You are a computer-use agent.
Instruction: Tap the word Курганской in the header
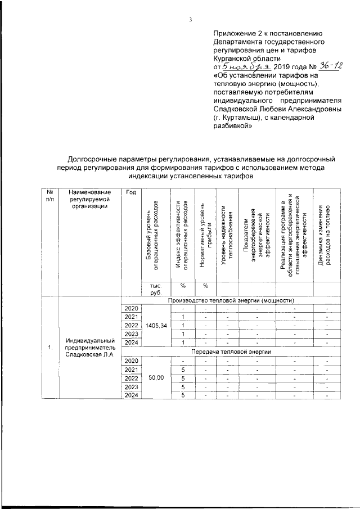(x=232, y=57)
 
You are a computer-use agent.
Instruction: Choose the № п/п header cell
(x=50, y=196)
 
